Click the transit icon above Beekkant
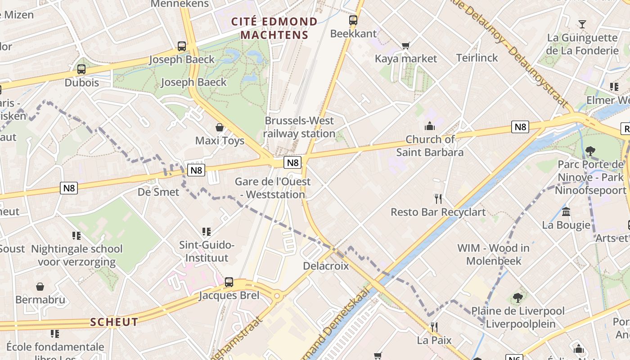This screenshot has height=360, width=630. [353, 20]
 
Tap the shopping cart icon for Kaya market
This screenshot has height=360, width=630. [406, 45]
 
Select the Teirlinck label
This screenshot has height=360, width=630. [477, 58]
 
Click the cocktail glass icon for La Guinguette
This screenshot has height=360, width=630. [582, 24]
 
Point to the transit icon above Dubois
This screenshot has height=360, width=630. [81, 69]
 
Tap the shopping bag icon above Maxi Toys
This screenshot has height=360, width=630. [220, 127]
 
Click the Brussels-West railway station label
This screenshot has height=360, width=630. [299, 127]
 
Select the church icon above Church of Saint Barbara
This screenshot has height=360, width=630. [430, 126]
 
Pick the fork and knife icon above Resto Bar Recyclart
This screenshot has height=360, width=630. [438, 198]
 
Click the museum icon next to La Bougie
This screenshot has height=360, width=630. [566, 211]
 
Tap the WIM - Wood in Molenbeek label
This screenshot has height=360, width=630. [493, 254]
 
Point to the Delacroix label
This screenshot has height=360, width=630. [326, 265]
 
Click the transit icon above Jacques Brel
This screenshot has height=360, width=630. [229, 282]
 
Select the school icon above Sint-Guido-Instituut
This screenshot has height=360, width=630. [207, 232]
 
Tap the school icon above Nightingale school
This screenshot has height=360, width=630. [76, 235]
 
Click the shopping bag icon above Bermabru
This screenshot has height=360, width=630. [40, 287]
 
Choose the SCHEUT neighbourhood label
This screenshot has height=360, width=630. [114, 322]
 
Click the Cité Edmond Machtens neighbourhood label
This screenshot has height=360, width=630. [274, 28]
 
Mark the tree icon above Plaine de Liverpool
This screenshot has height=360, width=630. [517, 297]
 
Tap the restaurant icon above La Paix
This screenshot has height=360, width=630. [434, 327]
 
